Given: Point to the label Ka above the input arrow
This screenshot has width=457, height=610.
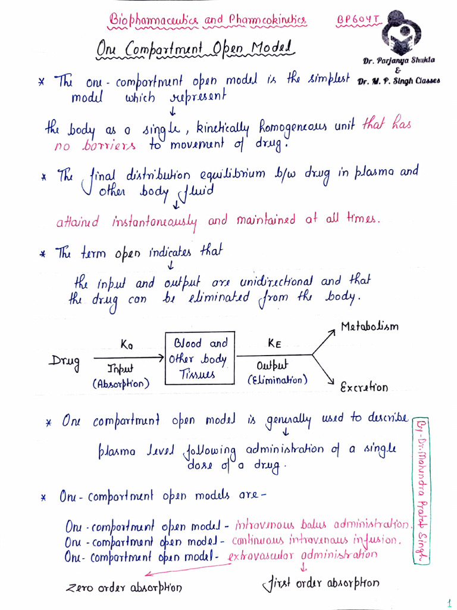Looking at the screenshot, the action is pos(127,344).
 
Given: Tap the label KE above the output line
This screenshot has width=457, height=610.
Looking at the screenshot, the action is pos(274,343).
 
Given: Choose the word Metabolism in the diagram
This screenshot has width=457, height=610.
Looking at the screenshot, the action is pos(369,326).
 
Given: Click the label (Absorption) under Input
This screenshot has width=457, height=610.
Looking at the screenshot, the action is pos(121,384).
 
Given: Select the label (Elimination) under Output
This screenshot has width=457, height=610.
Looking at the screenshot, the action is pos(278,379).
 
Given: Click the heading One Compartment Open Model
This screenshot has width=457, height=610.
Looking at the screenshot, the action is pos(196,48).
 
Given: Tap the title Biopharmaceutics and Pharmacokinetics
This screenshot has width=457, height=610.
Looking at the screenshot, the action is pos(208,21).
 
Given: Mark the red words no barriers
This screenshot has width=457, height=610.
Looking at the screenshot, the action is pos(95,145).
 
